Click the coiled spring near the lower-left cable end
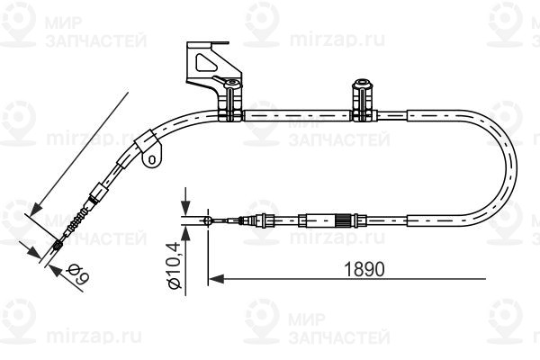coord(78,219)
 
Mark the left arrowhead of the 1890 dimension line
coord(214,279)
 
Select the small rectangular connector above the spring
coord(94,193)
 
